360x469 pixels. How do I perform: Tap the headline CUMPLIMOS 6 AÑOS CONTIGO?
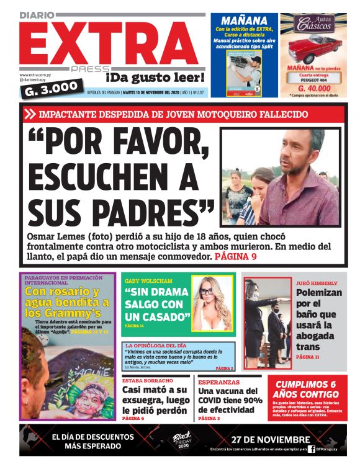click(307, 390)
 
